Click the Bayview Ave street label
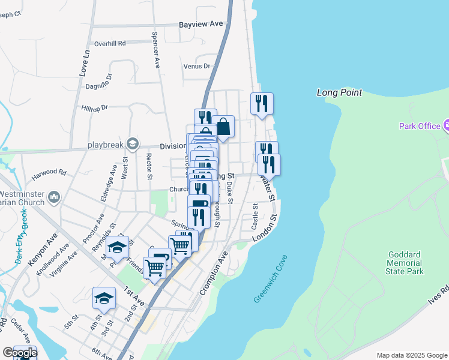point(200,24)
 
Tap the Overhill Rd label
point(110,44)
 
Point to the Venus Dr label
point(197,66)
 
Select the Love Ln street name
point(84,63)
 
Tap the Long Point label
point(339,92)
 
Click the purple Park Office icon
point(446,125)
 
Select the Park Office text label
point(420,126)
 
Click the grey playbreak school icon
point(132,143)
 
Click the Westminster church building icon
point(54,196)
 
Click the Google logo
point(19,353)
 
